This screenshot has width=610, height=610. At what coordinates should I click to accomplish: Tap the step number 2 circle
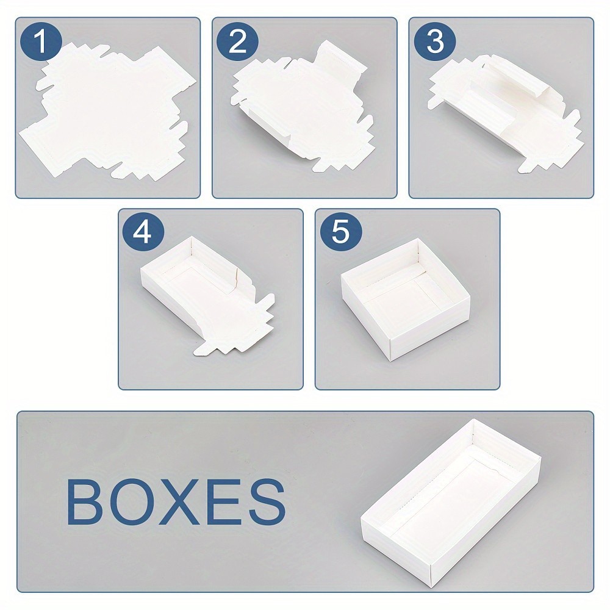pyautogui.click(x=237, y=43)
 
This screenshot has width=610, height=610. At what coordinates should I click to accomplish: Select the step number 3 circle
pyautogui.click(x=434, y=43)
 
